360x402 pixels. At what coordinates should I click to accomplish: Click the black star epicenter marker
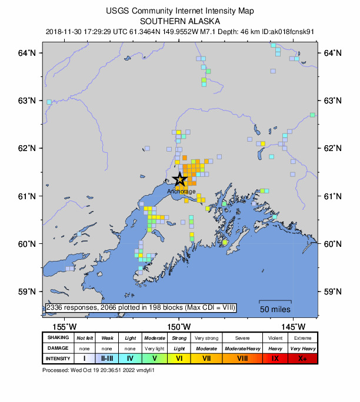(180, 179)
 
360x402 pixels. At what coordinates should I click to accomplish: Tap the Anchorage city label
(181, 191)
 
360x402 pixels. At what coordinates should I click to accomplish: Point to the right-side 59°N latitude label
(334, 292)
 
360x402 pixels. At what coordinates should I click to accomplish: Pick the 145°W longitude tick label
(293, 327)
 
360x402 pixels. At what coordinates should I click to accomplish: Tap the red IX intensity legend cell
(274, 358)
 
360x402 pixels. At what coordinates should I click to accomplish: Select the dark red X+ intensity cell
(302, 358)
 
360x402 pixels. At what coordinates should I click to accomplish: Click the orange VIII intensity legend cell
(241, 358)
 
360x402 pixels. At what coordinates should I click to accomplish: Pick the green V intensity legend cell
(154, 358)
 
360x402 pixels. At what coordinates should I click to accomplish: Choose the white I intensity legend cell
(84, 358)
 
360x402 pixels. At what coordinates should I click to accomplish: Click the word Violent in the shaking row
(274, 338)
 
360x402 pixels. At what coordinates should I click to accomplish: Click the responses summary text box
(140, 307)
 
